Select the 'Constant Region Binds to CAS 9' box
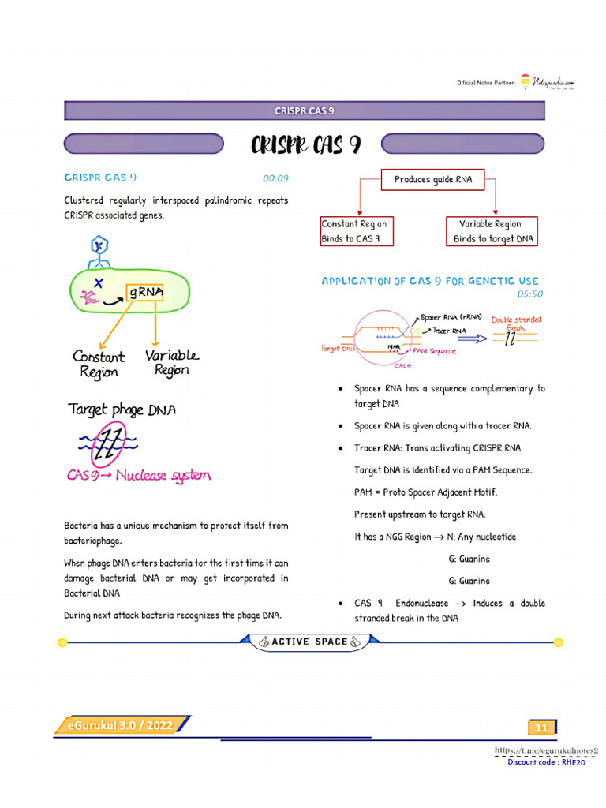[356, 231]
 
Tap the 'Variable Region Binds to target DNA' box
[492, 231]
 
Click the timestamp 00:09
[275, 178]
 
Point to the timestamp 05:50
[529, 294]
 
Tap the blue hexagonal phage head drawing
[99, 246]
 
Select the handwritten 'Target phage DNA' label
[122, 410]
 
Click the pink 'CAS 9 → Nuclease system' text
[138, 476]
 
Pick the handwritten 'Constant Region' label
[99, 364]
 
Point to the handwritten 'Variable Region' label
[171, 362]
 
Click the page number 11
[541, 728]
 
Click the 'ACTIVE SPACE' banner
[309, 642]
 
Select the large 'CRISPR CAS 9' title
[306, 144]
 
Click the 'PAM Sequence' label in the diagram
[432, 351]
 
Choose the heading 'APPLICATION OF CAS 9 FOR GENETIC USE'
[430, 281]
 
